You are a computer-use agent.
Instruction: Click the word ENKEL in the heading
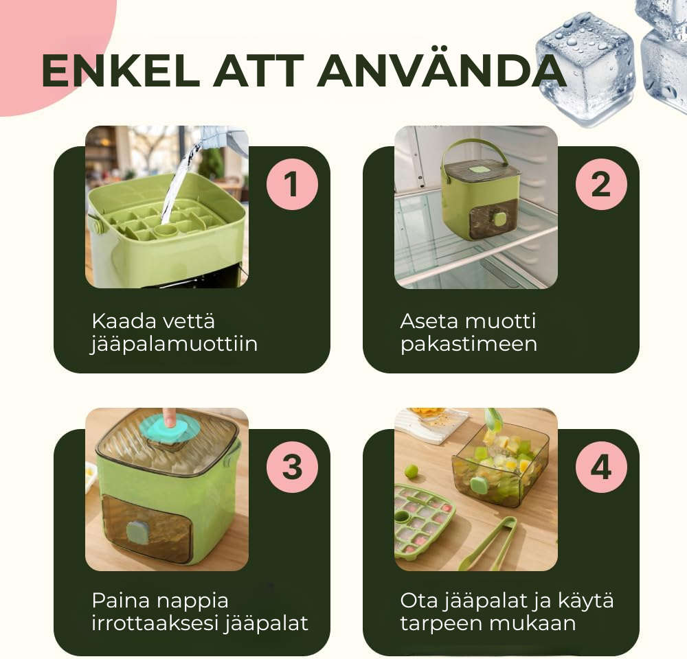coord(121,71)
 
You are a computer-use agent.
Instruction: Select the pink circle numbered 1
coord(292,184)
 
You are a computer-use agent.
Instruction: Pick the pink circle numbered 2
coord(601,184)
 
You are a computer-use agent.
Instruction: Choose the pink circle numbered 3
coord(292,467)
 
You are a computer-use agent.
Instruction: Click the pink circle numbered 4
coord(601,467)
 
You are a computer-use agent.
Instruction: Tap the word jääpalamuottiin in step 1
coord(174,344)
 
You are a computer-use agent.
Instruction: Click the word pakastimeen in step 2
coord(469,344)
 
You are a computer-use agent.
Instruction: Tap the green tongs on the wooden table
coord(488,544)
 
